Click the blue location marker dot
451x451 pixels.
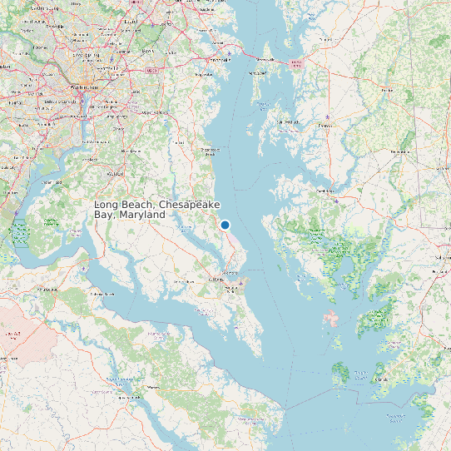[225, 225]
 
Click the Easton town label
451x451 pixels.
[325, 126]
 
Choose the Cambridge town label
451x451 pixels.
[325, 190]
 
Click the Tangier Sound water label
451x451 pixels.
[360, 372]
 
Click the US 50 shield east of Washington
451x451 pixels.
[151, 72]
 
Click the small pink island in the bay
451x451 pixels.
[332, 319]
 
